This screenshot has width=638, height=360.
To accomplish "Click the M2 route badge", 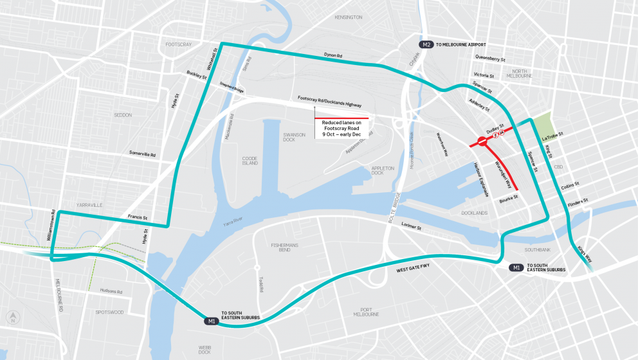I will coord(426,44).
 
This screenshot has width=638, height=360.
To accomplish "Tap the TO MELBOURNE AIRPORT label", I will coord(462,44).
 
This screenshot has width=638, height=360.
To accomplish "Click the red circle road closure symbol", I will coord(481,141).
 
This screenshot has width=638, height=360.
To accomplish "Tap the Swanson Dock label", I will coord(294,138).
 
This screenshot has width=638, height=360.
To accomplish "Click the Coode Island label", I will coord(250,160).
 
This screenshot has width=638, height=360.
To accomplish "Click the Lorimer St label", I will coord(409,227).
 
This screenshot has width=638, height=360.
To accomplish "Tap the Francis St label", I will coord(137,217).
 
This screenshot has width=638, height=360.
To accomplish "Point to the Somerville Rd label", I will coord(142,154).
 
